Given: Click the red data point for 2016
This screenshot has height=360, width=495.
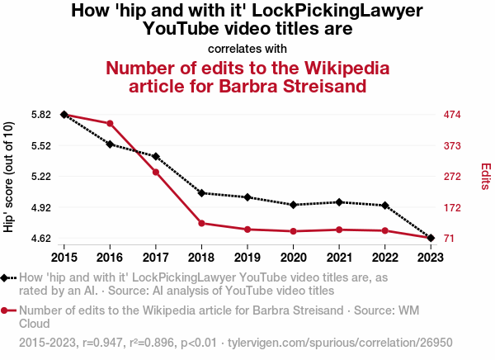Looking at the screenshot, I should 110,124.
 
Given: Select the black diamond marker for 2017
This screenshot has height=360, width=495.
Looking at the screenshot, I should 156,156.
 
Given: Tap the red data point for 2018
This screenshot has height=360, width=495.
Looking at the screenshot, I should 202,223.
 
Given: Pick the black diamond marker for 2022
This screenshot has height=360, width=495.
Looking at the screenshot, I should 385,205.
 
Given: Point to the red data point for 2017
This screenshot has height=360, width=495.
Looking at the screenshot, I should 156,172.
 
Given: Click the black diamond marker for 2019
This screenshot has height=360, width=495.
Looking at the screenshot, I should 247,197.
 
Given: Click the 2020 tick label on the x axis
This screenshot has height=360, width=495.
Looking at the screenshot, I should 294,255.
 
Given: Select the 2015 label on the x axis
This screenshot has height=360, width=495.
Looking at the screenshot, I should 64,255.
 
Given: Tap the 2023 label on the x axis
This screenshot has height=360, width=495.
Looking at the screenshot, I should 431,255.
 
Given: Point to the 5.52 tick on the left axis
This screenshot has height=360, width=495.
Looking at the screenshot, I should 40,145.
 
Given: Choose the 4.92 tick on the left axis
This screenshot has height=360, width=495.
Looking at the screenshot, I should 40,207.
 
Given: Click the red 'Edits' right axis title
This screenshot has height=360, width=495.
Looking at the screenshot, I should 486,176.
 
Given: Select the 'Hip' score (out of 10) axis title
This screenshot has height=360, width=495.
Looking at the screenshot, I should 9,177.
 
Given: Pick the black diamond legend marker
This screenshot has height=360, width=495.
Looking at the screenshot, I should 7,278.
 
